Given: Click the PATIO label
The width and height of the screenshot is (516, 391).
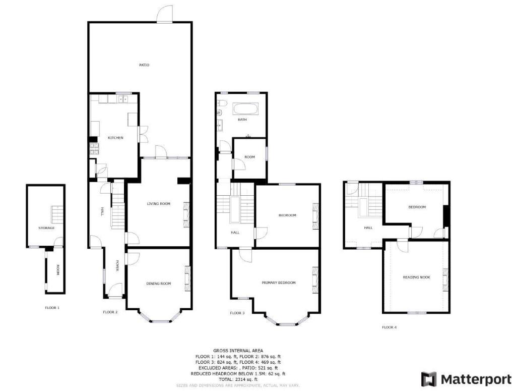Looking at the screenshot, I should [x=145, y=65].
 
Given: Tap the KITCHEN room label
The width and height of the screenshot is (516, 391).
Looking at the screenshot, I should [x=116, y=138].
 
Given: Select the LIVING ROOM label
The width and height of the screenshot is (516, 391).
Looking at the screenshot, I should [x=158, y=204].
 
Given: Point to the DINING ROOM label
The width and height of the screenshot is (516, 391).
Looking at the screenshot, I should [x=158, y=284].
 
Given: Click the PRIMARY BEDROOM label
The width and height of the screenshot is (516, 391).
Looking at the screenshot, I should [x=278, y=283].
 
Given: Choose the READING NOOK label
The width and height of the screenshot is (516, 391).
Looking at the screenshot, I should [x=416, y=277].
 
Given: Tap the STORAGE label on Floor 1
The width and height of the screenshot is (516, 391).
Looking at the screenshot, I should [x=46, y=228].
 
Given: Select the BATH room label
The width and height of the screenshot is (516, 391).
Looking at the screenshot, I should [x=242, y=120].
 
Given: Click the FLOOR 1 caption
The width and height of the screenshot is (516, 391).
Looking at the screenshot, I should [x=52, y=307].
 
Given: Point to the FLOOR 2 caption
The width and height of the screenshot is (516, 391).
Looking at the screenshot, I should [x=110, y=312].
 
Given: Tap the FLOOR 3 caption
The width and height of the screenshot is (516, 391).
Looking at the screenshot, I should [x=237, y=313].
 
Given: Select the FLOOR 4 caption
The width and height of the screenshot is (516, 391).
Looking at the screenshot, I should [x=389, y=327].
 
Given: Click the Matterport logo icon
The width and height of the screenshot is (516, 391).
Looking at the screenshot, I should [x=429, y=379].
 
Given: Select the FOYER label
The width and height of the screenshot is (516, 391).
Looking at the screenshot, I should [x=117, y=265].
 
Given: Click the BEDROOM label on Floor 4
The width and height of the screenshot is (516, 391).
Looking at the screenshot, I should [x=417, y=207].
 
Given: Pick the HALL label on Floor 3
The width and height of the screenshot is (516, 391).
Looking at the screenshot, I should [x=235, y=233].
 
